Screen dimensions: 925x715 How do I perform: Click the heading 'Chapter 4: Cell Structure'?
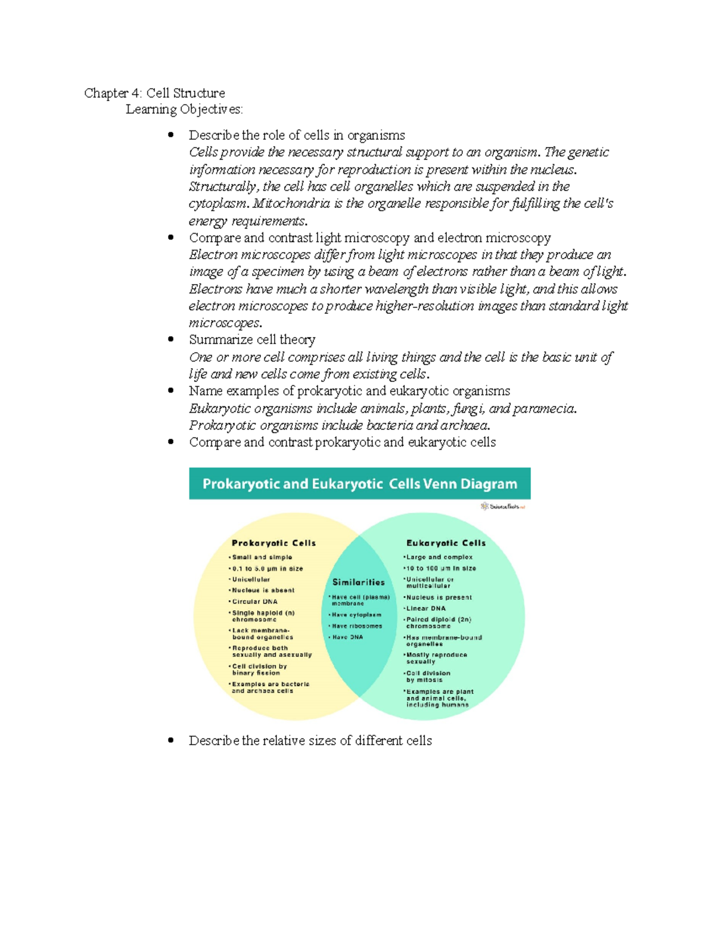[154, 93]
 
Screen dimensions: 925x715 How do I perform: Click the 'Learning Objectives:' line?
[184, 110]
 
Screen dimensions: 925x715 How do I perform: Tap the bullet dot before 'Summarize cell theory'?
[171, 340]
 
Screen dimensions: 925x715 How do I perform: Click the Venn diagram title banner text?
[360, 484]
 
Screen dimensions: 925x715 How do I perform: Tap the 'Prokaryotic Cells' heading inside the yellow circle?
[273, 543]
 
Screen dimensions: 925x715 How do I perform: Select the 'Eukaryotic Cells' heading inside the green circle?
[446, 543]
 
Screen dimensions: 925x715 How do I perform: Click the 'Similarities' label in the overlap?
[359, 583]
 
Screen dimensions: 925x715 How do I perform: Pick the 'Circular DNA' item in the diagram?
[254, 602]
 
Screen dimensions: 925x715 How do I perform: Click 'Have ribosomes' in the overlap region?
[357, 626]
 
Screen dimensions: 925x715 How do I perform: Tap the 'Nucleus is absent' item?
[263, 590]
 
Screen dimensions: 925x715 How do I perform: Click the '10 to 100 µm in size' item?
[441, 568]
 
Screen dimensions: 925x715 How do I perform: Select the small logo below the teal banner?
[503, 506]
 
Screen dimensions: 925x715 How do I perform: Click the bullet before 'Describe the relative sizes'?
[171, 740]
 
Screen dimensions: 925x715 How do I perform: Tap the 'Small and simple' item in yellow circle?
[262, 558]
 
